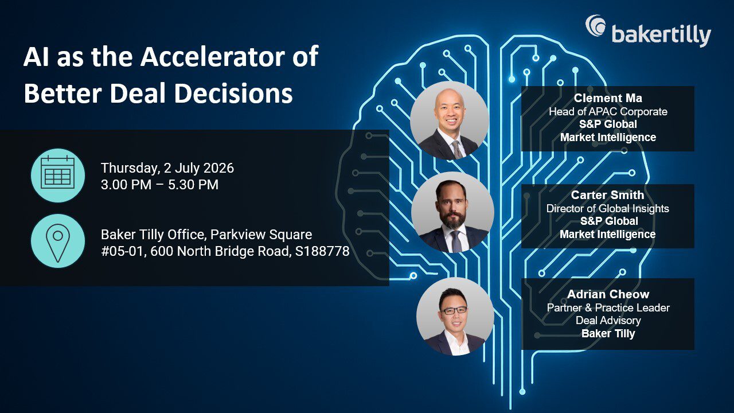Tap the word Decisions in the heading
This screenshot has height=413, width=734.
(233, 93)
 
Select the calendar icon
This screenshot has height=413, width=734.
(58, 175)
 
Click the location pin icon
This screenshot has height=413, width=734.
(58, 241)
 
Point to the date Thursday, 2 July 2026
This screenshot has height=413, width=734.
(167, 168)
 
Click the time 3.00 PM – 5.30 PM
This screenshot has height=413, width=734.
(159, 185)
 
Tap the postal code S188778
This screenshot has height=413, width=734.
(322, 251)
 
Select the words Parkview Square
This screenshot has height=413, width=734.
(261, 235)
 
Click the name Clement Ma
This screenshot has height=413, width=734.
(608, 98)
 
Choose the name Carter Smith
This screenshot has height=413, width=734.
(607, 195)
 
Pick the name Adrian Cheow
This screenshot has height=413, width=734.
(608, 294)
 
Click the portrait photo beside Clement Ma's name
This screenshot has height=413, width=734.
(450, 120)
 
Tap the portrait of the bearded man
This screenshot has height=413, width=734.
(452, 213)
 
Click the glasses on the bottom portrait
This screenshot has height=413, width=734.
(454, 310)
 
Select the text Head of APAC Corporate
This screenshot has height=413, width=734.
(608, 112)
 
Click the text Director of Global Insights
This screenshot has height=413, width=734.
(607, 208)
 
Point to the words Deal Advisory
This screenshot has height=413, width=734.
(608, 320)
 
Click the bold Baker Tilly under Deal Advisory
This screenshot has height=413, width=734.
(608, 334)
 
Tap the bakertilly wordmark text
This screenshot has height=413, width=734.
(661, 36)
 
